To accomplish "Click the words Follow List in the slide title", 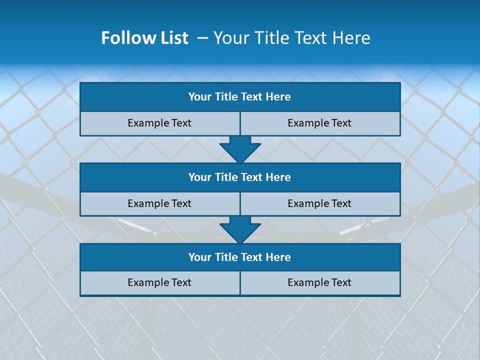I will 144,38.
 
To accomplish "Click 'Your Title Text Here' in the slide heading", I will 291,38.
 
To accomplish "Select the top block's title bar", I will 240,97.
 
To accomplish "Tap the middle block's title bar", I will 240,177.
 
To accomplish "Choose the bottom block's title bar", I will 240,257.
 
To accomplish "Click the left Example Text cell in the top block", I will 159,123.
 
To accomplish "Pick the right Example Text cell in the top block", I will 319,123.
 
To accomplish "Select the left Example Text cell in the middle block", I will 159,203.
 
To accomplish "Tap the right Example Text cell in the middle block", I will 319,203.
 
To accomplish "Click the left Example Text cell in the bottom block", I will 159,282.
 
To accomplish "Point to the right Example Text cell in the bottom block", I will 319,282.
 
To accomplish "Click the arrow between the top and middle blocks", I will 240,149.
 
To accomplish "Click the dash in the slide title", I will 202,38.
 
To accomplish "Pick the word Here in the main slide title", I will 353,38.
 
